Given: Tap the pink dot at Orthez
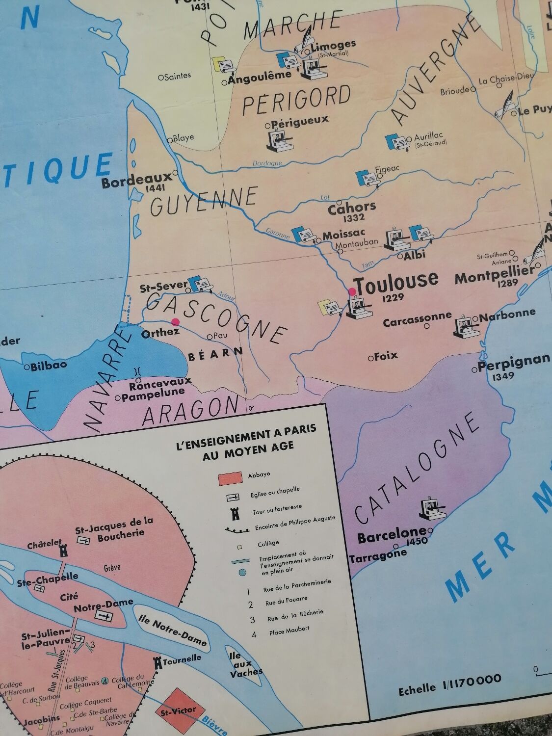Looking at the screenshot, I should [x=175, y=322].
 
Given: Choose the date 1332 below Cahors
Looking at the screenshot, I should [x=354, y=218].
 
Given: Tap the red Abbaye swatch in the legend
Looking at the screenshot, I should [x=231, y=477].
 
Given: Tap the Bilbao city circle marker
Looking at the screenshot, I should [x=27, y=367].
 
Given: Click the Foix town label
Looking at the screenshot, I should [x=386, y=356].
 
